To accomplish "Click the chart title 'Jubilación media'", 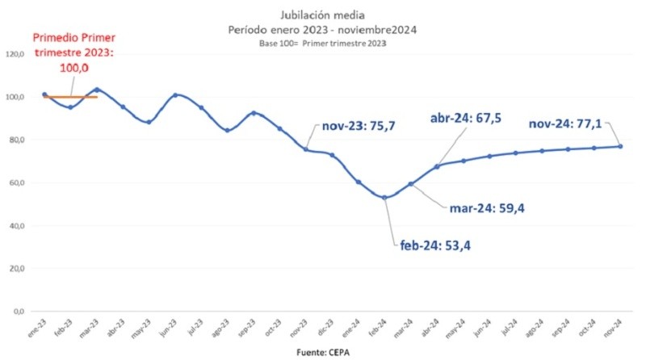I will pyautogui.click(x=321, y=15).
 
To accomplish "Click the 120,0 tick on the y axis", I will pyautogui.click(x=16, y=54).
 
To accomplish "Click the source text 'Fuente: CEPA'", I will pyautogui.click(x=322, y=352).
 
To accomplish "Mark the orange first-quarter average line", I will pyautogui.click(x=70, y=97).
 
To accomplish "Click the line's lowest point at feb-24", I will pyautogui.click(x=384, y=197).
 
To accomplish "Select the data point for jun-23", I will pyautogui.click(x=175, y=95).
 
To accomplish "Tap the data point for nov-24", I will pyautogui.click(x=620, y=146).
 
